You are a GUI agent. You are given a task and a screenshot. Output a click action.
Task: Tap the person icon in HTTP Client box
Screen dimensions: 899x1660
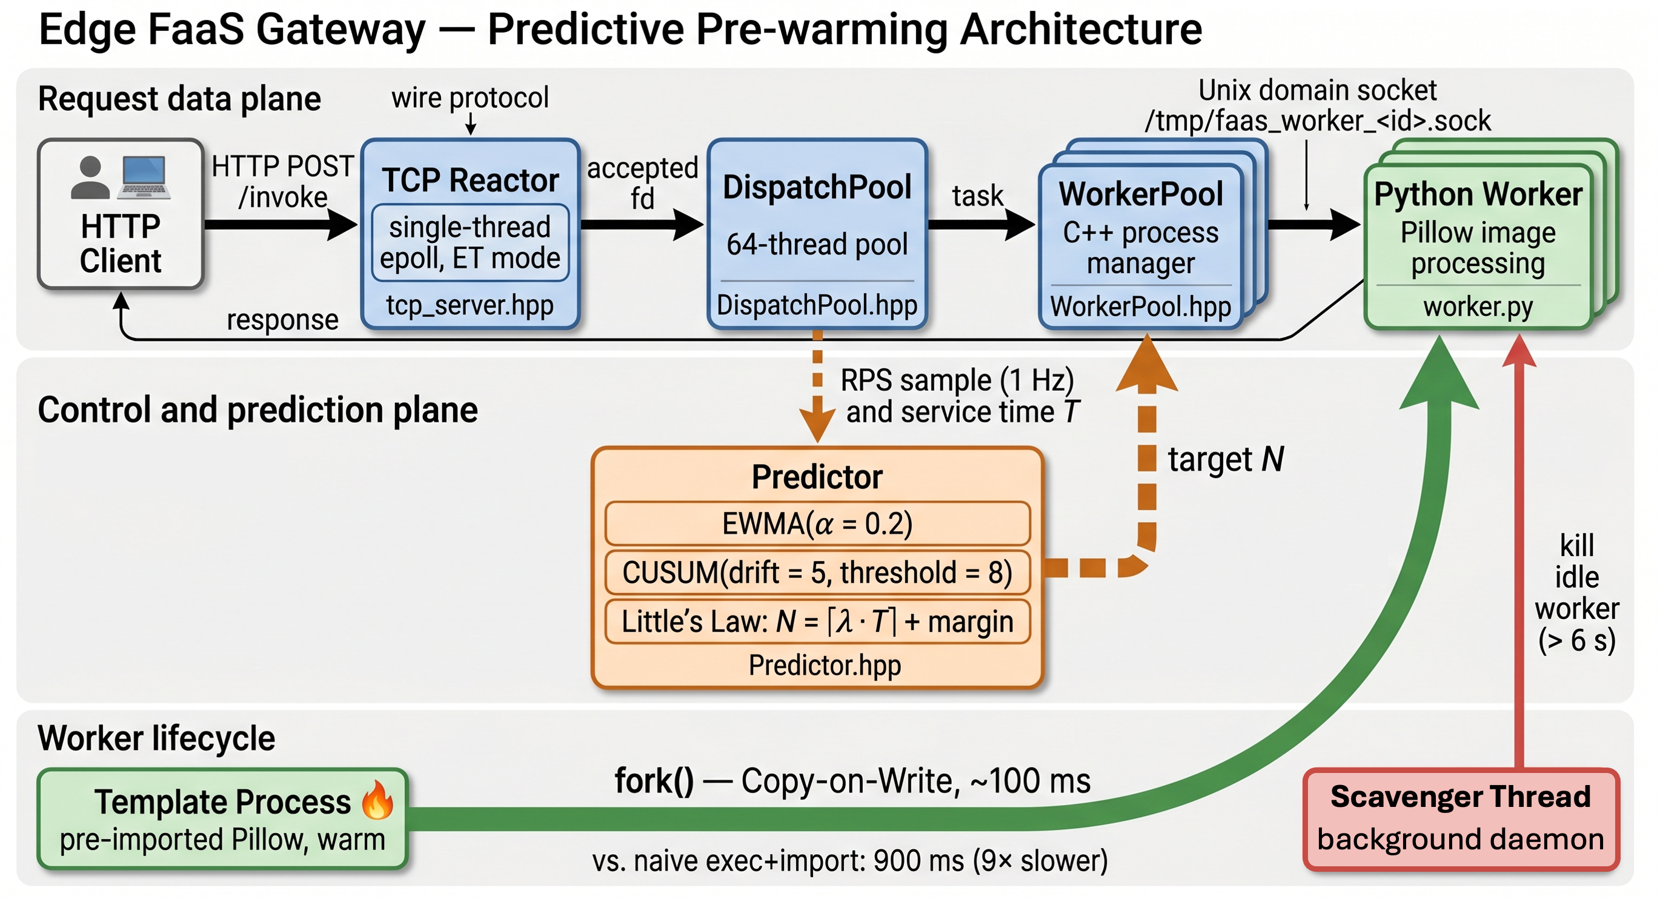tap(90, 178)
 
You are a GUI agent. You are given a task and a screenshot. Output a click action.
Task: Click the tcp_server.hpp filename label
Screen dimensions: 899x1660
tap(470, 305)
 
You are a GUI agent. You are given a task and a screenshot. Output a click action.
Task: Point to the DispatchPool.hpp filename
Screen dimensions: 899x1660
tap(817, 305)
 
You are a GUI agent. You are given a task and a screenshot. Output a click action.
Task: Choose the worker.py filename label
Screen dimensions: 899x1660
tap(1478, 307)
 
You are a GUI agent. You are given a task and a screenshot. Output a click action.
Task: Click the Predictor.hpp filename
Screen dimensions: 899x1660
tap(824, 665)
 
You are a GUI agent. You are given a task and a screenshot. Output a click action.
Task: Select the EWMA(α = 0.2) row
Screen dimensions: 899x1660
tap(817, 523)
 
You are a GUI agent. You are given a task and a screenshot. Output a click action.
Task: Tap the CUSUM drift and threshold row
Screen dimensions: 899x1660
tap(817, 572)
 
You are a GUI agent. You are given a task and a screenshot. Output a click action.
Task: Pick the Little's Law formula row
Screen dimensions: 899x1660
tap(817, 622)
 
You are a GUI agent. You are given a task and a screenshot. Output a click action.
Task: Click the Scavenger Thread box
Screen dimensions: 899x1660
tap(1460, 818)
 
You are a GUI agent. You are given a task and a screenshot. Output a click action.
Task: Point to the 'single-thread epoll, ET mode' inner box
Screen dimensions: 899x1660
tap(470, 243)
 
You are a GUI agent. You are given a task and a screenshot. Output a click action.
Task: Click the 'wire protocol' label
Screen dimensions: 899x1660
tap(470, 98)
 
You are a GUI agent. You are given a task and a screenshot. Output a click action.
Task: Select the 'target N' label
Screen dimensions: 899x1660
tap(1225, 459)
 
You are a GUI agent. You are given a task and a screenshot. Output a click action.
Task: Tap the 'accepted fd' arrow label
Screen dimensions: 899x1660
tap(642, 183)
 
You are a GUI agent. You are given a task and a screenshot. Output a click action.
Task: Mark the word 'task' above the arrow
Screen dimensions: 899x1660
tap(978, 195)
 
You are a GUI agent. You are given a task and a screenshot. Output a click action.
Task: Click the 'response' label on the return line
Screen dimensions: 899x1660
tap(282, 320)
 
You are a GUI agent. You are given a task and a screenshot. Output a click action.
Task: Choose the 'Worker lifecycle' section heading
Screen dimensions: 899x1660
tap(156, 738)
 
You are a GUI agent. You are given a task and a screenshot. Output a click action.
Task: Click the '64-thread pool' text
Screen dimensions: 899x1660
tap(817, 244)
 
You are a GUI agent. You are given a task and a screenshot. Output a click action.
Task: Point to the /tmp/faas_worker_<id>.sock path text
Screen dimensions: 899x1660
tap(1317, 121)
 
